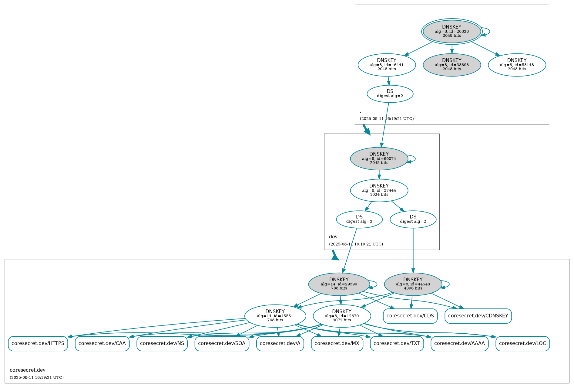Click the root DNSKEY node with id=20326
coord(451,31)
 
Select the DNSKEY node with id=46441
coord(387,65)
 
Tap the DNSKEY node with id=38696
coord(451,65)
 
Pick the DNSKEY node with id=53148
coord(517,65)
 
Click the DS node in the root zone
coord(390,94)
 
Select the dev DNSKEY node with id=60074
coord(379,158)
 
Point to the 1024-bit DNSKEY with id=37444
coord(379,190)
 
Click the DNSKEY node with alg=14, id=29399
coord(339,284)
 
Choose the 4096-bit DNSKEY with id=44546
coord(413,284)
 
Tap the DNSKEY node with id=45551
coord(275,316)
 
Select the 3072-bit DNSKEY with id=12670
coord(342,316)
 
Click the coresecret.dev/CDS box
coord(410,316)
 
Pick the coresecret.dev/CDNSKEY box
coord(478,316)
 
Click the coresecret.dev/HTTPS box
coord(38,344)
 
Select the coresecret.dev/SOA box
coord(222,344)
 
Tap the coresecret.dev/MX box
coord(337,344)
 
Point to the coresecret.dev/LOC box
coord(522,344)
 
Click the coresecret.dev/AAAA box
coord(459,344)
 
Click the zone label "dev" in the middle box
coord(333,237)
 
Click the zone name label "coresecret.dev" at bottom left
coord(28,370)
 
